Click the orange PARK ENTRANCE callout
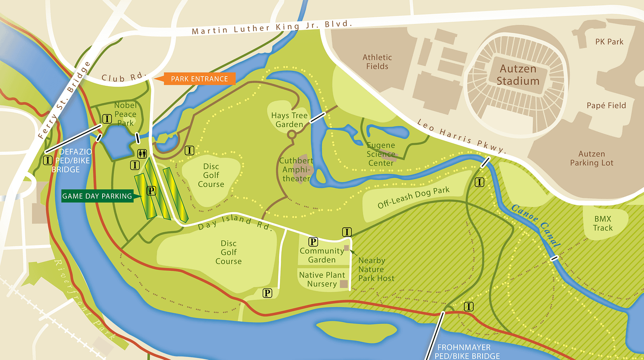pos(199,79)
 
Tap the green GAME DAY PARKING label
pos(97,196)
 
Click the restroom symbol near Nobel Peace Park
pos(142,153)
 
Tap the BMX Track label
pos(603,223)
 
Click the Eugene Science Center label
pos(381,154)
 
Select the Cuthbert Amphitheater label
pos(296,170)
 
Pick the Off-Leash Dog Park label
pos(413,198)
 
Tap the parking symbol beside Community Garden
pos(313,241)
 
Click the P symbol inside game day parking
pos(151,191)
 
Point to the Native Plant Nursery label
pos(322,279)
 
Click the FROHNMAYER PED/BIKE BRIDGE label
pos(468,352)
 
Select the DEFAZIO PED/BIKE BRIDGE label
pos(73,161)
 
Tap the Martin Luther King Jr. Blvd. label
pos(272,27)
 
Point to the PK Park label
pos(609,42)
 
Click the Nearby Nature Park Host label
pos(376,269)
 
